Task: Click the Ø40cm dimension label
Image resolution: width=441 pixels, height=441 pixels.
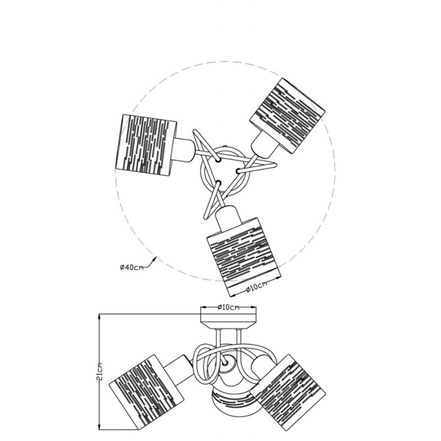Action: (132, 267)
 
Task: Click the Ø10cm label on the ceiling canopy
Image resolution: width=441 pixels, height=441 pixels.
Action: (228, 308)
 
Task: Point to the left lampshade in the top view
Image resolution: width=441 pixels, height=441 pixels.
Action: (146, 145)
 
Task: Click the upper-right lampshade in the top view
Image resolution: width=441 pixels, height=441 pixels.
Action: (287, 116)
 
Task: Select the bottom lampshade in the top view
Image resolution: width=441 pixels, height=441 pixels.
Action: (244, 257)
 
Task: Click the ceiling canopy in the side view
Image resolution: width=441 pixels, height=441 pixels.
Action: (228, 318)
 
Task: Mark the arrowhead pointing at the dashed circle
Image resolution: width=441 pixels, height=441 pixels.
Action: (154, 259)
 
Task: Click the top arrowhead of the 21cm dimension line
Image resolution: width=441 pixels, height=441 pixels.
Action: (99, 318)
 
